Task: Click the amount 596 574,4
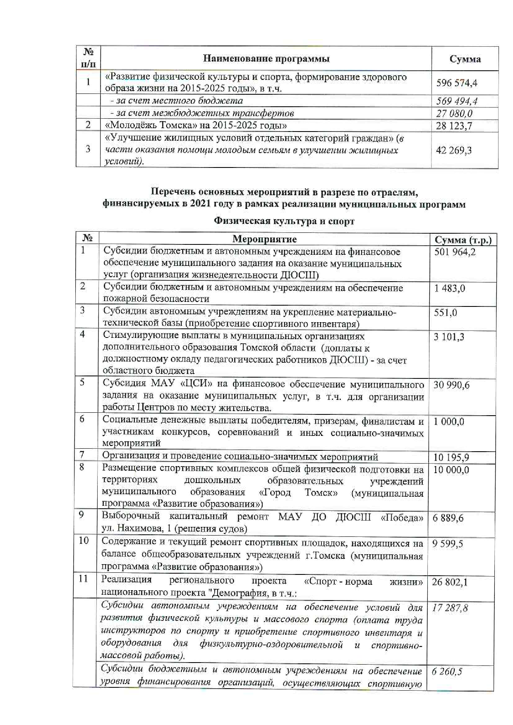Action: [x=456, y=83]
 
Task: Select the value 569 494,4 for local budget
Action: [x=456, y=101]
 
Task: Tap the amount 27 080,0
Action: [x=454, y=114]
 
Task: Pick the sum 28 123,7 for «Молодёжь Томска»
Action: [x=454, y=126]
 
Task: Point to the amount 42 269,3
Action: [x=454, y=150]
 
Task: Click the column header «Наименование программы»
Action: [x=266, y=59]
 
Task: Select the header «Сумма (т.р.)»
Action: [x=463, y=240]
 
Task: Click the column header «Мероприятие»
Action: [x=264, y=239]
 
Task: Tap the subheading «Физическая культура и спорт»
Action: [x=284, y=221]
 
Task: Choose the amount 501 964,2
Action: [x=455, y=252]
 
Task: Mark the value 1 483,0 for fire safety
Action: [x=449, y=288]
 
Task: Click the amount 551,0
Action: [x=445, y=313]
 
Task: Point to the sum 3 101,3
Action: [x=449, y=337]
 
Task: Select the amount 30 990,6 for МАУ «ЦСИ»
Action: [x=451, y=385]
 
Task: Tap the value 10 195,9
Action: [x=451, y=457]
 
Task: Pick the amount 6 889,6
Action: [x=448, y=518]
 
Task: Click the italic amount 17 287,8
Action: [x=450, y=608]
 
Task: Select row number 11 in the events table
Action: [x=84, y=579]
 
